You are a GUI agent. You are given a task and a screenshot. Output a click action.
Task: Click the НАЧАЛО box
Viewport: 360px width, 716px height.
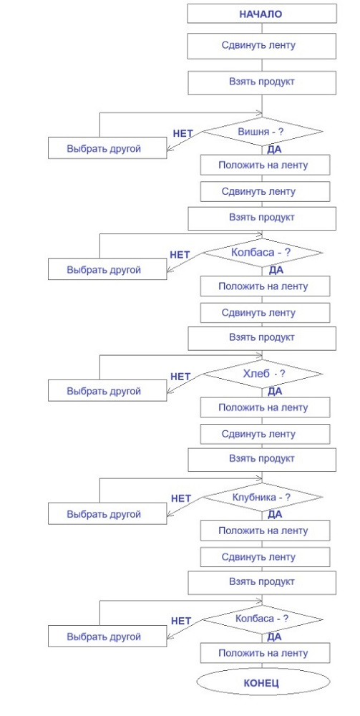click(261, 14)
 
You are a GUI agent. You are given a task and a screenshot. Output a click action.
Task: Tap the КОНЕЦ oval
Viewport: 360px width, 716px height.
click(261, 683)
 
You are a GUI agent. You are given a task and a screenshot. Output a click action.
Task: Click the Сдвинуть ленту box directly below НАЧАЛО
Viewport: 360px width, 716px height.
click(261, 46)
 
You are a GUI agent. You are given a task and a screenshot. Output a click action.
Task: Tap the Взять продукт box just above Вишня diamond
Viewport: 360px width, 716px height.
click(261, 82)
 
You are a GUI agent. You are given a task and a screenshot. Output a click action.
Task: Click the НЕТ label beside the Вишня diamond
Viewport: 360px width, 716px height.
click(183, 133)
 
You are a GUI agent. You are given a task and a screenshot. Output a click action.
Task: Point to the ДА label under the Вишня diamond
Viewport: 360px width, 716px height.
click(274, 150)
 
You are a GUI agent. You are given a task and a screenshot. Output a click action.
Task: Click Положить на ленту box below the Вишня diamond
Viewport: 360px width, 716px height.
click(264, 165)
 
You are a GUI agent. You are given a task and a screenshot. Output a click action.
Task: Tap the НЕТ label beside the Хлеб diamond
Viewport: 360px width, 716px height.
click(180, 376)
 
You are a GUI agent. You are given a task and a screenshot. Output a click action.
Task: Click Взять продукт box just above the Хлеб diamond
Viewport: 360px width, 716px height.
click(261, 337)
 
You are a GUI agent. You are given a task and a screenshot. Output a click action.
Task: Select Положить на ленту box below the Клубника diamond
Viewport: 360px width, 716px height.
click(264, 531)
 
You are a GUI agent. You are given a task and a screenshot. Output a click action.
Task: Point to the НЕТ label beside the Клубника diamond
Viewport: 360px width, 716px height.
click(181, 498)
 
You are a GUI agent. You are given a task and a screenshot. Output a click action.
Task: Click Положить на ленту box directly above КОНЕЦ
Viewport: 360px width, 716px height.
click(264, 653)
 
